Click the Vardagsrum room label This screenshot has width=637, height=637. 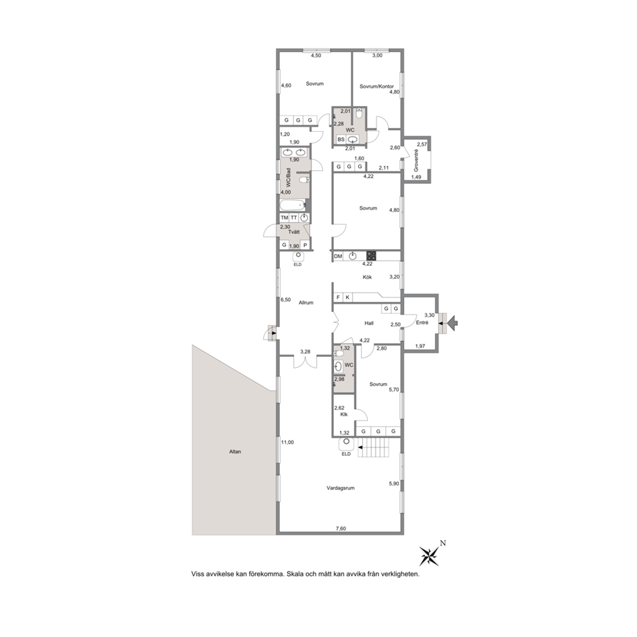340,488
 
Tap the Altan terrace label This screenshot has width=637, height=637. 235,451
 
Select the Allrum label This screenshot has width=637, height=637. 306,302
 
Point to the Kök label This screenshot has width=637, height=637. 367,277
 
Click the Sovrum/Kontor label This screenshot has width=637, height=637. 376,87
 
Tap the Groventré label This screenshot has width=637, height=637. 416,160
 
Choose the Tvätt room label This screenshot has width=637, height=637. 293,232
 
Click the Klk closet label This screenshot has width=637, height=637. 344,414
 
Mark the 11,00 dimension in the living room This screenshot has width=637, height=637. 287,442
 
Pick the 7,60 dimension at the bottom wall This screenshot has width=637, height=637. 341,528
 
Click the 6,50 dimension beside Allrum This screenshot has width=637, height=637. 286,300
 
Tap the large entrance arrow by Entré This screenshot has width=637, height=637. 453,324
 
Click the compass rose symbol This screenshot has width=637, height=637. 429,555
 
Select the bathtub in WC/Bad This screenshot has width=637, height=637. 292,205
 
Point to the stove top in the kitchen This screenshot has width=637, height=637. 371,256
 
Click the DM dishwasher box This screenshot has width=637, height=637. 338,256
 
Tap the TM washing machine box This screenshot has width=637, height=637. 284,218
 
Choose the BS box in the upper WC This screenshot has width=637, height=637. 341,139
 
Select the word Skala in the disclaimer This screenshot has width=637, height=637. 295,575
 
